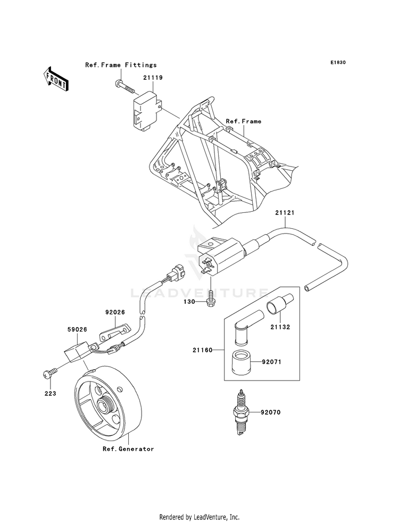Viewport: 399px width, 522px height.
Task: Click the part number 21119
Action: [153, 78]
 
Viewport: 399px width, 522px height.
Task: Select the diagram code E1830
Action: [338, 62]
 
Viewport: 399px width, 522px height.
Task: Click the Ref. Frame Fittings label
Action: [121, 65]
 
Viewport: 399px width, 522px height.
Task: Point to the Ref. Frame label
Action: [244, 121]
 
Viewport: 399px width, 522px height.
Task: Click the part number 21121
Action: [285, 212]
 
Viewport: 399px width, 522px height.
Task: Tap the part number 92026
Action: [115, 312]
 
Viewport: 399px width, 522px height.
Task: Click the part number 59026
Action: [77, 329]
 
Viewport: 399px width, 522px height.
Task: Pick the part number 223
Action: [50, 393]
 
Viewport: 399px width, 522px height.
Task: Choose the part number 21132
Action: [280, 327]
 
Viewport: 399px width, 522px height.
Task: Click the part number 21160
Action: [202, 350]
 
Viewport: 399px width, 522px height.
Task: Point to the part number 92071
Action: [271, 361]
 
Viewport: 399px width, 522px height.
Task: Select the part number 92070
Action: [271, 412]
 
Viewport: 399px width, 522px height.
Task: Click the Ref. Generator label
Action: [128, 449]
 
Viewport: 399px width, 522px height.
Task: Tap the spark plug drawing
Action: [242, 412]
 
